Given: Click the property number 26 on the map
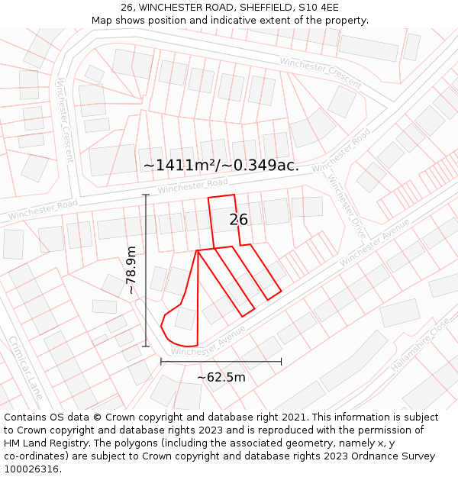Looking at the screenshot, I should (x=239, y=220).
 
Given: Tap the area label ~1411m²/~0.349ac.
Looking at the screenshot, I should (x=221, y=165).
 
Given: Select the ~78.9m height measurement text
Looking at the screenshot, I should (x=131, y=270).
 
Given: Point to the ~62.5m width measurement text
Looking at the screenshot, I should (x=221, y=377).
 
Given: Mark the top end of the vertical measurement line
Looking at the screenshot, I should (x=145, y=195).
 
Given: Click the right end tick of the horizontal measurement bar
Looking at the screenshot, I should (x=282, y=361).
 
